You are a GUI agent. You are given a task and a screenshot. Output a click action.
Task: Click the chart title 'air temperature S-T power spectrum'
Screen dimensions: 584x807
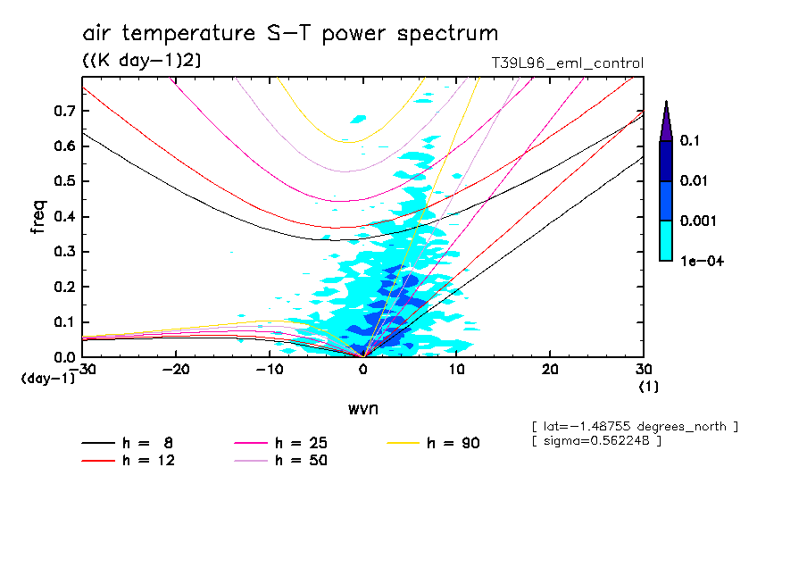pos(290,34)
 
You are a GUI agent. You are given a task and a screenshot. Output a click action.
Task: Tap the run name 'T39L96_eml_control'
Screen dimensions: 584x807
pos(567,63)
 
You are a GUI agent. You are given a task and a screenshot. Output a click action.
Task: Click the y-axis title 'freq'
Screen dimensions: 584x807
pos(37,217)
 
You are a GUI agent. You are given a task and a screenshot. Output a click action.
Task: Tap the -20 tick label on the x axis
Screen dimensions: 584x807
pos(177,370)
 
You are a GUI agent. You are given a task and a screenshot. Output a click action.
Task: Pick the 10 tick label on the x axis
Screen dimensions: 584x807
pos(456,370)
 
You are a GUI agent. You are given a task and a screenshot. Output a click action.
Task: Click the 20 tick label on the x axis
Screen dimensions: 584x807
pos(550,370)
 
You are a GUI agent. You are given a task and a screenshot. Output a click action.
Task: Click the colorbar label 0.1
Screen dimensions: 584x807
pos(690,141)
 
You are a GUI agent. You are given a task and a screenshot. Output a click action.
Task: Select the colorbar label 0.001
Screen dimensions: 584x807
pos(697,221)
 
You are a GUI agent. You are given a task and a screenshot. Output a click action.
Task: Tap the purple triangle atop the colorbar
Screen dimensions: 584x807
pos(665,121)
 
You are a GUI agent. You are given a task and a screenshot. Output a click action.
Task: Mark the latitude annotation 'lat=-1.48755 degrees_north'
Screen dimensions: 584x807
pos(634,426)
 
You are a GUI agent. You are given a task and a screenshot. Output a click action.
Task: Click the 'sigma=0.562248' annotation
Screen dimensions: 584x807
pos(596,442)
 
